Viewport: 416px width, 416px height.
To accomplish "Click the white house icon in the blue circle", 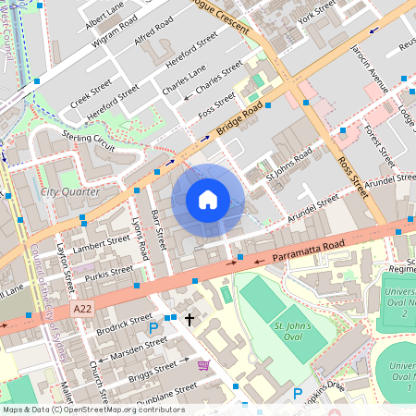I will click(x=208, y=200).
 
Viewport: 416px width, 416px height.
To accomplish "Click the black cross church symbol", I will click(x=190, y=320).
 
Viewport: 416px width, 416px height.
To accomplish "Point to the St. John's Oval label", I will click(x=295, y=332).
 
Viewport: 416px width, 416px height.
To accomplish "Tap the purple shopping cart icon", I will click(x=202, y=366).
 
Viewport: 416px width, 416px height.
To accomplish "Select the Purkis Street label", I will click(x=107, y=273).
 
